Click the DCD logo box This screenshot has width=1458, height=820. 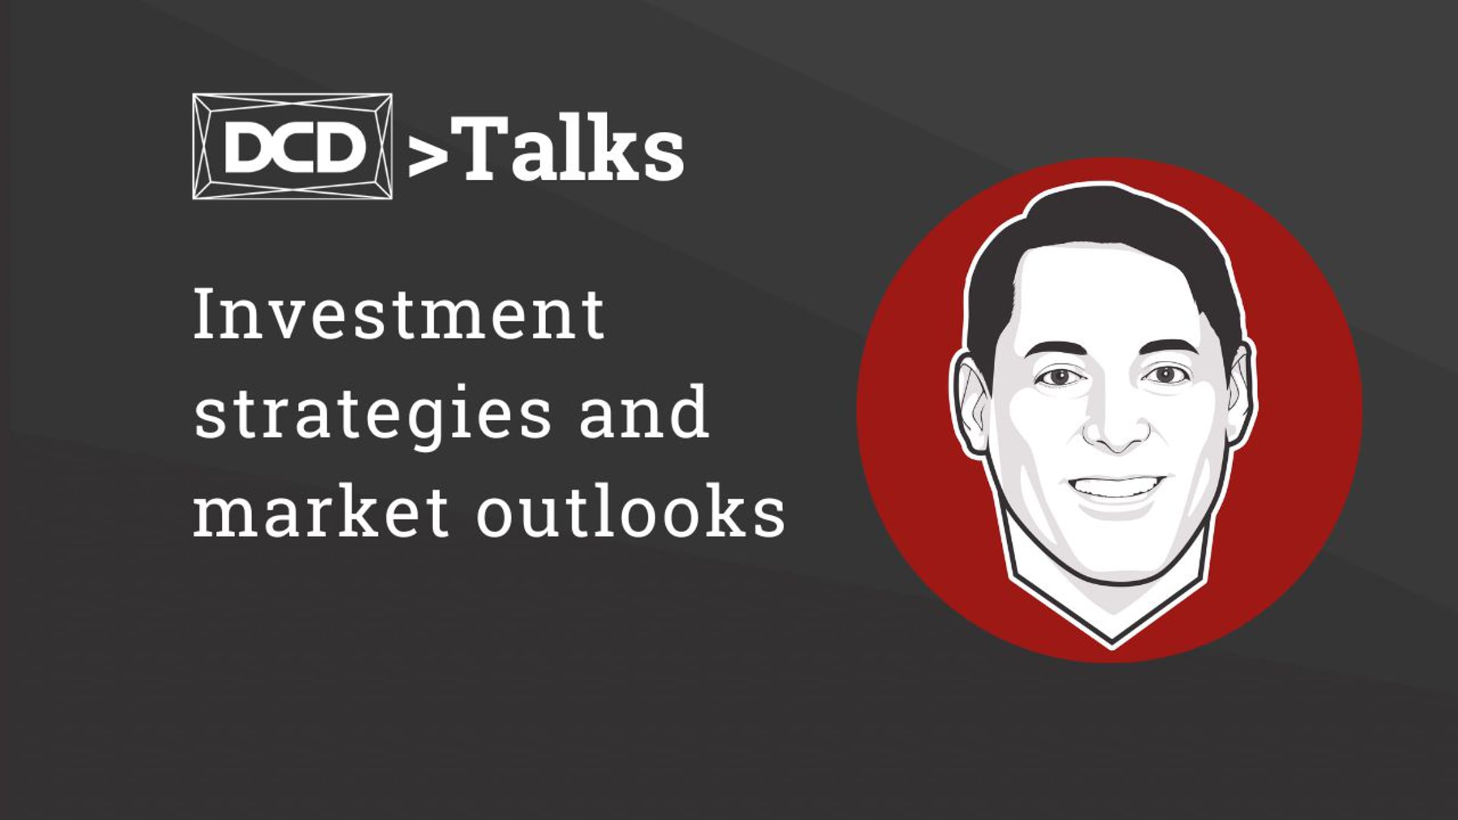click(x=292, y=146)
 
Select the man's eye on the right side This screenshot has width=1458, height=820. click(x=1165, y=374)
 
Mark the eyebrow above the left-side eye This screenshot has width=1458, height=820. click(x=1056, y=352)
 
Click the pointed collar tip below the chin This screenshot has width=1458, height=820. click(x=1112, y=645)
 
